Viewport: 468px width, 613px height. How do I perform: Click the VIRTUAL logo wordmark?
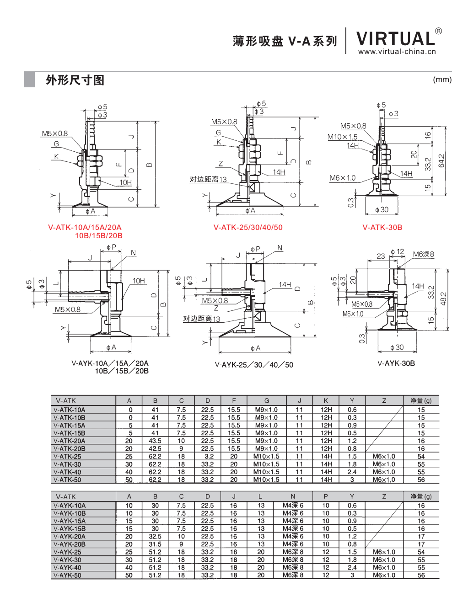click(395, 38)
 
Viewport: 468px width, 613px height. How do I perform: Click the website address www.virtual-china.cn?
click(397, 51)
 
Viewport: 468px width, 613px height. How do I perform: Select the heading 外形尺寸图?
click(75, 80)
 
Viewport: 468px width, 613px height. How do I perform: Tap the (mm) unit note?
click(442, 80)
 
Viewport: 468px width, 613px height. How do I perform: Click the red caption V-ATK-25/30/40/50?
click(248, 227)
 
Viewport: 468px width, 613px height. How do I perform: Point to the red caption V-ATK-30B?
click(382, 227)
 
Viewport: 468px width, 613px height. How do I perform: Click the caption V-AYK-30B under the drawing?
click(396, 363)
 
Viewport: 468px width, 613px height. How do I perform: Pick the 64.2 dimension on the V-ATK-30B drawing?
click(441, 160)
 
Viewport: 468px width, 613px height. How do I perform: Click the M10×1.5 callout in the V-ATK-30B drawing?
click(342, 137)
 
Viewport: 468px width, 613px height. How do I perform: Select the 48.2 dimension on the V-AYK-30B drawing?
click(443, 299)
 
